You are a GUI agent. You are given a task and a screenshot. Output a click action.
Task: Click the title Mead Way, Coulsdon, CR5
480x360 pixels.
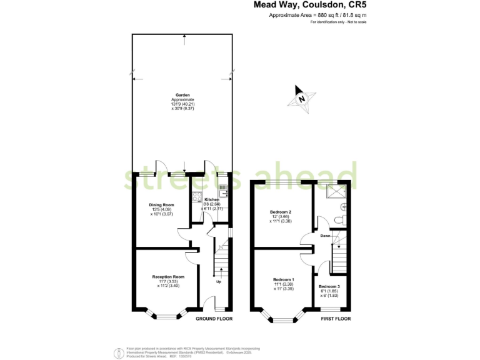pos(309,5)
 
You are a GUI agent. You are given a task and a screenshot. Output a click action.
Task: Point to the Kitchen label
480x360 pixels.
pos(212,200)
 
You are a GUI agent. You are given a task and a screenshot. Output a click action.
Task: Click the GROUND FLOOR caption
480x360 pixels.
pos(214,319)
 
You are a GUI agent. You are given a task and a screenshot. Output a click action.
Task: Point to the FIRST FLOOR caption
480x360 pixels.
pos(336,319)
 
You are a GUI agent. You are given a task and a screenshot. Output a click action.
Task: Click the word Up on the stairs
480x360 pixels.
pos(218,282)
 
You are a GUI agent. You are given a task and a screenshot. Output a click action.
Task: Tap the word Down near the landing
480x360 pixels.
pos(326,236)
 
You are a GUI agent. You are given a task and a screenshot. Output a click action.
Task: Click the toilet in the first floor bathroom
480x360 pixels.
pos(339,219)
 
